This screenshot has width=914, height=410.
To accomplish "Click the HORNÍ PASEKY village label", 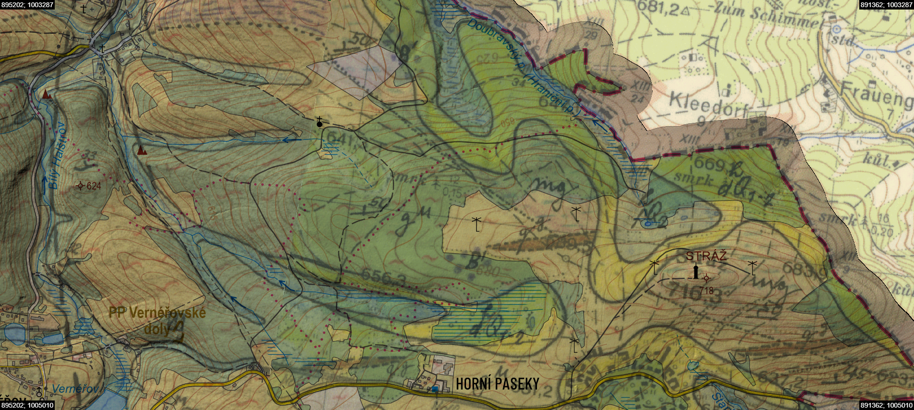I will click(x=497, y=384).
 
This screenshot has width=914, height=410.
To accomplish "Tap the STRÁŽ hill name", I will click(x=706, y=256).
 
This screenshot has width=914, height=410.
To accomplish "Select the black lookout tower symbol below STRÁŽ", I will click(x=696, y=272).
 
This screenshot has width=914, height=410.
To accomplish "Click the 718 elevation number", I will click(x=706, y=290).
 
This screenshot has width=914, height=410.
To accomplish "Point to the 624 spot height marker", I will click(x=80, y=186).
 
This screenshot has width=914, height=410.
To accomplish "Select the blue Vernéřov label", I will click(x=75, y=389).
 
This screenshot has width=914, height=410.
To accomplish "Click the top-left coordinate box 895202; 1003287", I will click(x=27, y=5).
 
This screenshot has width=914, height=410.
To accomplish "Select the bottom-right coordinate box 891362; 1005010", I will click(x=886, y=405).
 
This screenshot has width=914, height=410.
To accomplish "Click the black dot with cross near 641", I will click(x=319, y=123).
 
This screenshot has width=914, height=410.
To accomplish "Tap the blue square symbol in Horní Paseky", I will click(x=435, y=389).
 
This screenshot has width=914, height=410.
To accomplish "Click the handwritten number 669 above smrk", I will click(x=709, y=164).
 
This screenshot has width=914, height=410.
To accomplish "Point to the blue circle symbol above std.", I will click(x=836, y=30).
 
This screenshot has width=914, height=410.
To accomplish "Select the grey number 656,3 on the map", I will click(x=383, y=277).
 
